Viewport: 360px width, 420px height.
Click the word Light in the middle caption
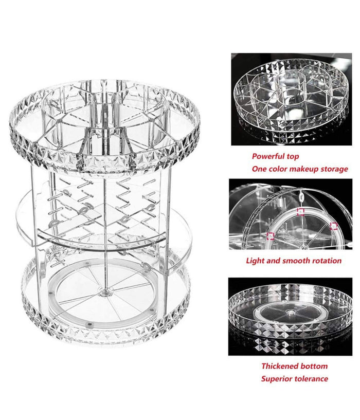coord(255,261)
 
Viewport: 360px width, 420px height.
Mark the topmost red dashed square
coord(301,212)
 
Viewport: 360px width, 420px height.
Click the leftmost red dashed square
coord(271,236)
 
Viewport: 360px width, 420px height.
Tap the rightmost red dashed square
coord(334,226)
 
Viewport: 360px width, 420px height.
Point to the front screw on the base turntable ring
coord(89,325)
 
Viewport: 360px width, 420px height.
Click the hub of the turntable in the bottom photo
coord(289,312)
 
